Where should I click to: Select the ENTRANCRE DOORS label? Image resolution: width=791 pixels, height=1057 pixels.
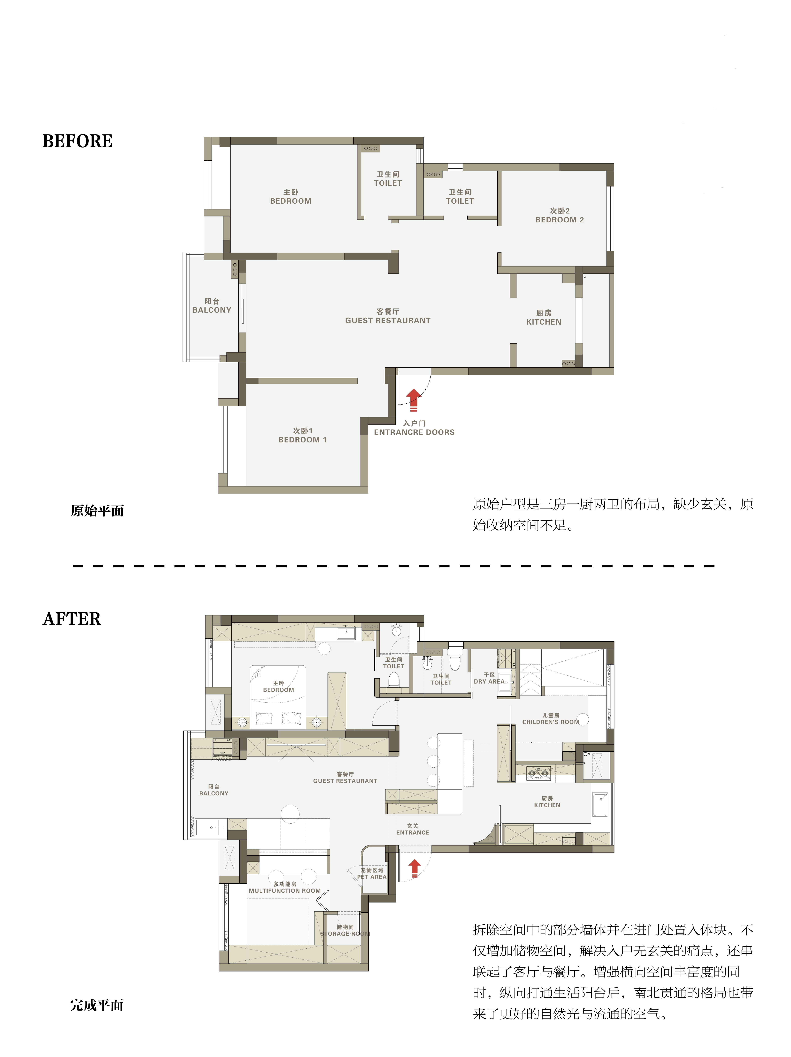click(x=414, y=432)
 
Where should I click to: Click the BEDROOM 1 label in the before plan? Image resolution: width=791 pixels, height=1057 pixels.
click(x=303, y=440)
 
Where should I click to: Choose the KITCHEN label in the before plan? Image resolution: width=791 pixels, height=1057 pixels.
click(x=544, y=322)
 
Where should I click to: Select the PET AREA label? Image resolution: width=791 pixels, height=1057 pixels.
click(x=372, y=877)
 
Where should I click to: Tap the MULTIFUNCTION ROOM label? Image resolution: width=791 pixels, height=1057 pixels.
click(x=285, y=891)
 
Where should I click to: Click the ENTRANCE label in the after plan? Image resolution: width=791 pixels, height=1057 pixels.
click(x=413, y=832)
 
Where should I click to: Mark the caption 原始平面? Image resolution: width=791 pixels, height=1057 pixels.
click(x=98, y=511)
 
